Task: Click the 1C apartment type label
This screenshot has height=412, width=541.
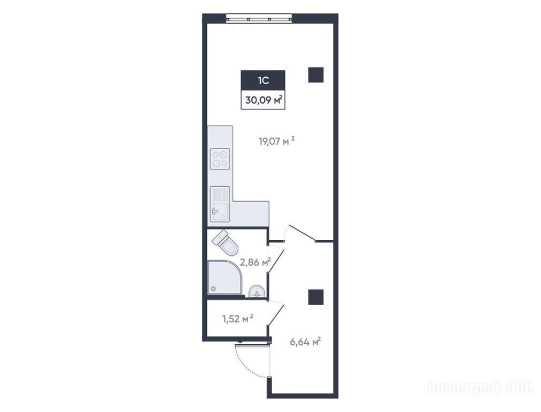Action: click(x=263, y=80)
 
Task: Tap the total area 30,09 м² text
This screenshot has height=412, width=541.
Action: click(x=264, y=100)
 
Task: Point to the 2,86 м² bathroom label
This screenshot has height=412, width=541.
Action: click(x=255, y=262)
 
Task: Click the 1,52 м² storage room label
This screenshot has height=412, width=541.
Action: click(x=238, y=318)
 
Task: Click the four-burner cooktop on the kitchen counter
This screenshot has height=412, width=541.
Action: click(x=220, y=159)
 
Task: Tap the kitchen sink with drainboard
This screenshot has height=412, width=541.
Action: click(x=220, y=204)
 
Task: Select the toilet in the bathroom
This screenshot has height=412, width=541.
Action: click(x=226, y=242)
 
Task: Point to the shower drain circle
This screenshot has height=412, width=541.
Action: click(x=213, y=288)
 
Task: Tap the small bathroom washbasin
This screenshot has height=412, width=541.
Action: click(x=257, y=291)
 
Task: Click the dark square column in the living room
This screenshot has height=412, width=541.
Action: click(x=315, y=75)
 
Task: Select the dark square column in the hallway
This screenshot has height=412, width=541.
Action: click(x=315, y=297)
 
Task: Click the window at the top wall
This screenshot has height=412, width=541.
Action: click(x=259, y=18)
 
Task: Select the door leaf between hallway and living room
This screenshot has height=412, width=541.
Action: click(x=302, y=233)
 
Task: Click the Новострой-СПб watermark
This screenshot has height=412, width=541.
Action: click(x=480, y=387)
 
